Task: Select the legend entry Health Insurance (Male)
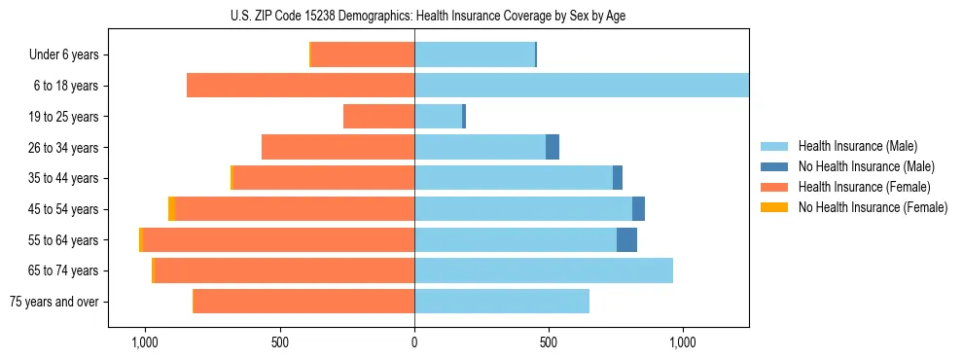pyautogui.click(x=856, y=146)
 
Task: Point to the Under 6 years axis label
pyautogui.click(x=62, y=55)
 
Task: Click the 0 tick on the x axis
pyautogui.click(x=414, y=342)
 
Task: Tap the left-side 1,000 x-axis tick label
pyautogui.click(x=145, y=342)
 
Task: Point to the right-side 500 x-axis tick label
pyautogui.click(x=548, y=342)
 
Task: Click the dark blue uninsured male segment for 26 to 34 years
pyautogui.click(x=553, y=147)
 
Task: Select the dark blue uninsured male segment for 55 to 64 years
pyautogui.click(x=626, y=240)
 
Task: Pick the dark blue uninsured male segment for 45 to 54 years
pyautogui.click(x=638, y=209)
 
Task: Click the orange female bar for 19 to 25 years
pyautogui.click(x=378, y=117)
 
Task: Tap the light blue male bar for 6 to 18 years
pyautogui.click(x=582, y=86)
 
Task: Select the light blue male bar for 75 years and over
pyautogui.click(x=502, y=302)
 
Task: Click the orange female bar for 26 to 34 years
pyautogui.click(x=338, y=147)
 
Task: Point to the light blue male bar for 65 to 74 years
pyautogui.click(x=544, y=270)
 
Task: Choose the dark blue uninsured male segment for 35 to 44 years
pyautogui.click(x=618, y=178)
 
